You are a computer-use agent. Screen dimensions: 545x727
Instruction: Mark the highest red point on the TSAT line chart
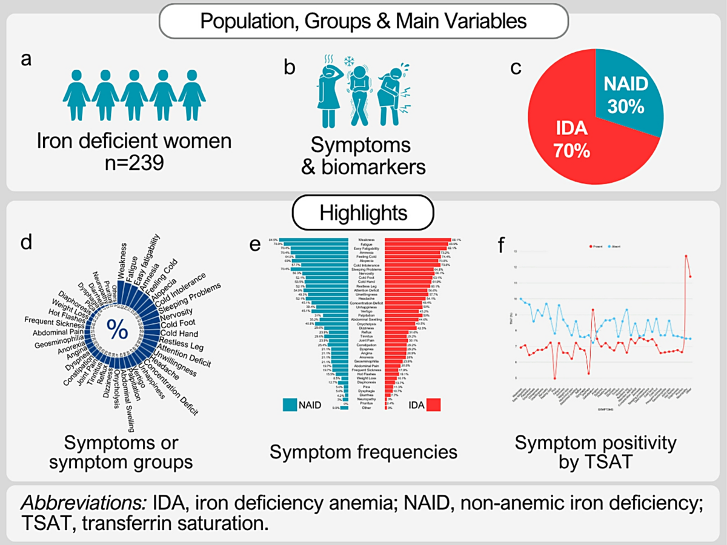point(686,256)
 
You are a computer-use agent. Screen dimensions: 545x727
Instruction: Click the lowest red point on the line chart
point(554,378)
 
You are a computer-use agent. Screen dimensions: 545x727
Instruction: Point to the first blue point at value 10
point(521,299)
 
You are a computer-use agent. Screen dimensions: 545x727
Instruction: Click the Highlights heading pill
point(363,214)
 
